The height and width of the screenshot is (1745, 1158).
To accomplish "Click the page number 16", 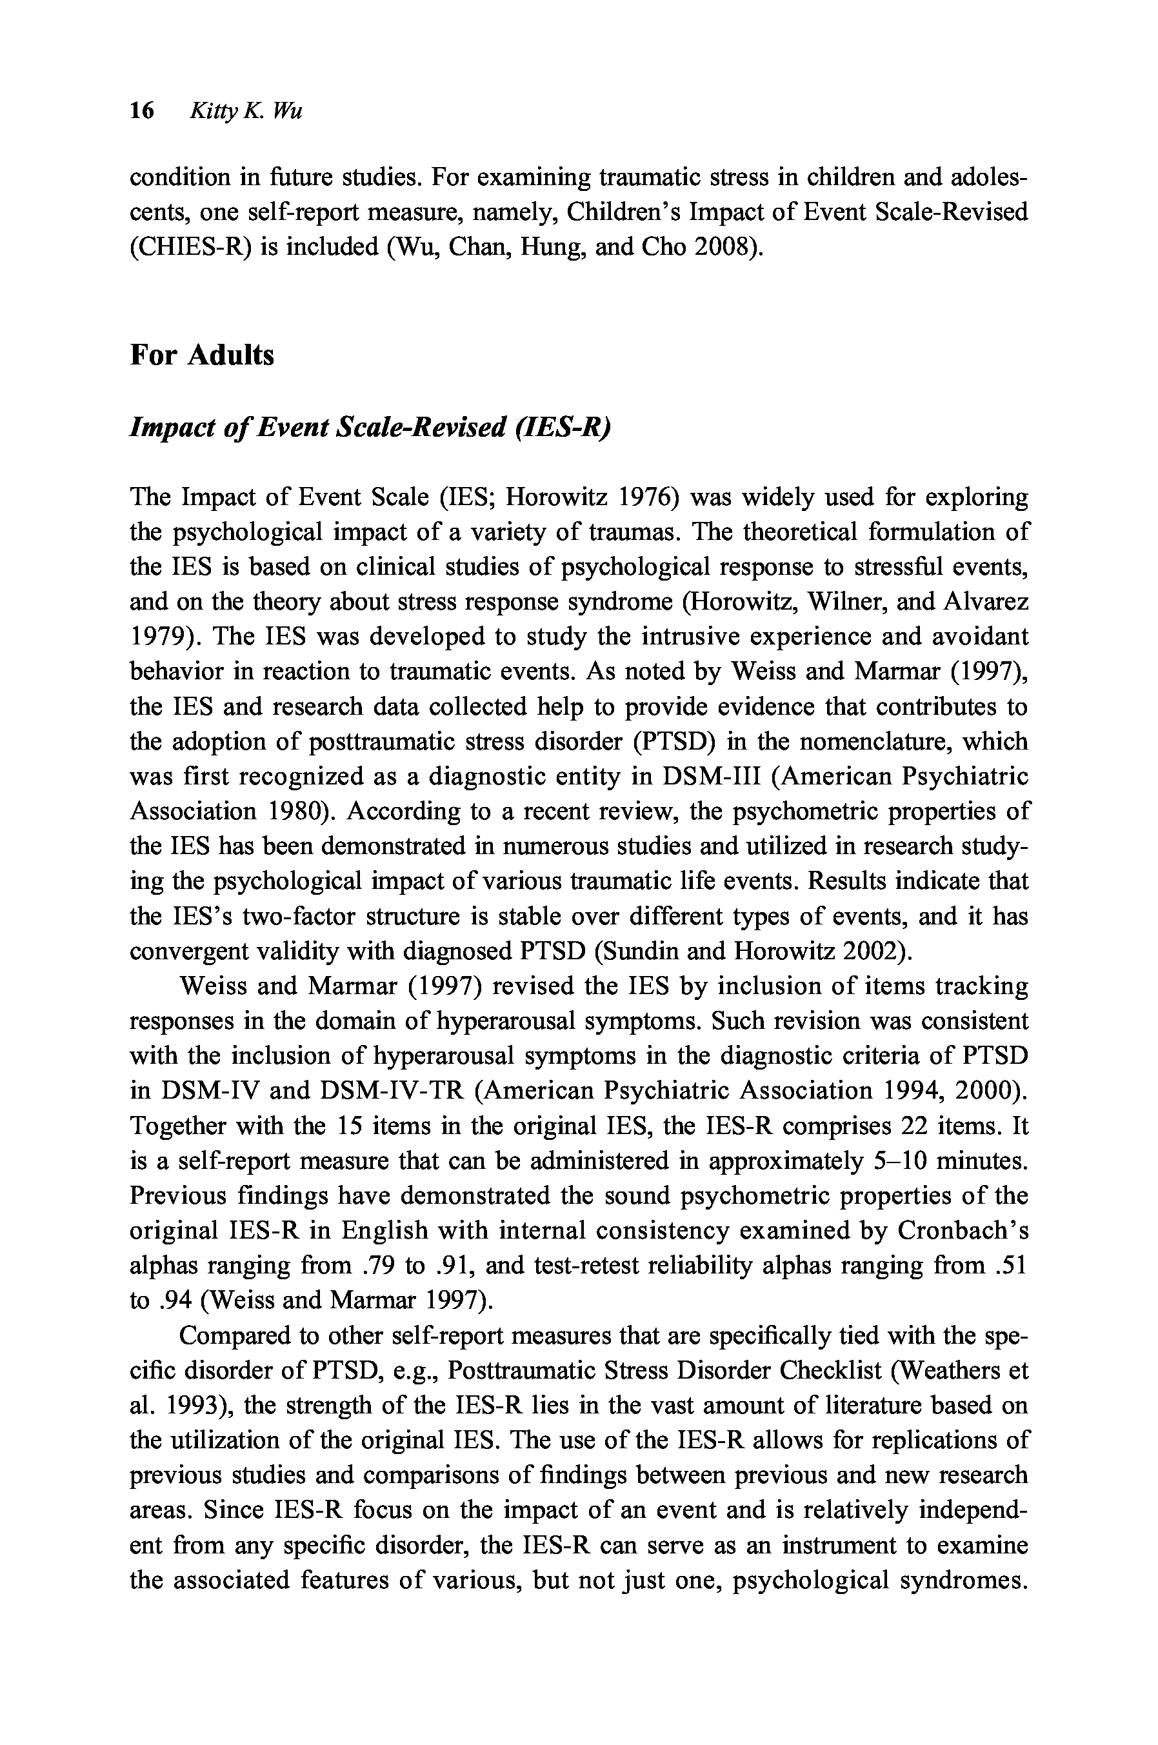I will [141, 112].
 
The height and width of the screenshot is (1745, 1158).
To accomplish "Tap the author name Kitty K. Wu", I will [246, 112].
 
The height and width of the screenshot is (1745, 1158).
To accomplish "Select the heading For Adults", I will [202, 355].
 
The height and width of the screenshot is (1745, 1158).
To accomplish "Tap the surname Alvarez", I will [986, 602].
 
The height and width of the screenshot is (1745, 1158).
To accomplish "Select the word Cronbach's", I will [963, 1231].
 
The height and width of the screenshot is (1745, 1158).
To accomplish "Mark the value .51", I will [1011, 1266].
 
